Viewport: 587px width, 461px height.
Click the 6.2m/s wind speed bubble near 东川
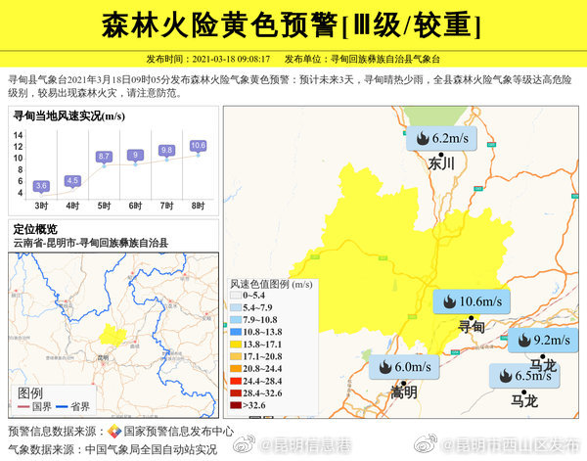pos(440,139)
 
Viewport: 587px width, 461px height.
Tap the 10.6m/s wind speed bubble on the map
pos(473,301)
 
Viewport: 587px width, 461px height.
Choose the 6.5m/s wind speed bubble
pos(525,376)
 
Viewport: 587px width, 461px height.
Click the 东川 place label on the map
pos(442,163)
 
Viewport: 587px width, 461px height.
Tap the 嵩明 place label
pos(403,392)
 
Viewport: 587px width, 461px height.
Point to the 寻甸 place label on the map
pos(472,326)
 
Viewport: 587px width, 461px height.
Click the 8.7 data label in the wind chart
pos(105,157)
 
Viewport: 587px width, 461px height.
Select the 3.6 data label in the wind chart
pos(41,185)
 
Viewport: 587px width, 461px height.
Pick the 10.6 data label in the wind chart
pos(199,146)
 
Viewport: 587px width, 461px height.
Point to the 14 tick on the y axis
pos(18,136)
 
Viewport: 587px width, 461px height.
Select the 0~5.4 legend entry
pos(252,294)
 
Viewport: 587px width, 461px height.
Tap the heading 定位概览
pos(35,229)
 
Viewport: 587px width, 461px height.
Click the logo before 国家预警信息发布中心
pos(114,431)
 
